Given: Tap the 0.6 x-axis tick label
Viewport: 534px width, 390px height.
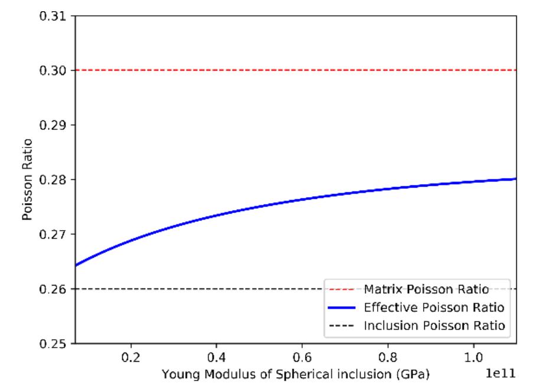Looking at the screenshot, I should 302,358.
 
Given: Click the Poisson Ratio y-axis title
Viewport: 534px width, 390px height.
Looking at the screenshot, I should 27,179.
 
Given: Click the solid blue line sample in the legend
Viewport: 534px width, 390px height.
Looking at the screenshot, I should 342,307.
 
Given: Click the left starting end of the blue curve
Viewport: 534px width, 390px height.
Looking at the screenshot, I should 75,266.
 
